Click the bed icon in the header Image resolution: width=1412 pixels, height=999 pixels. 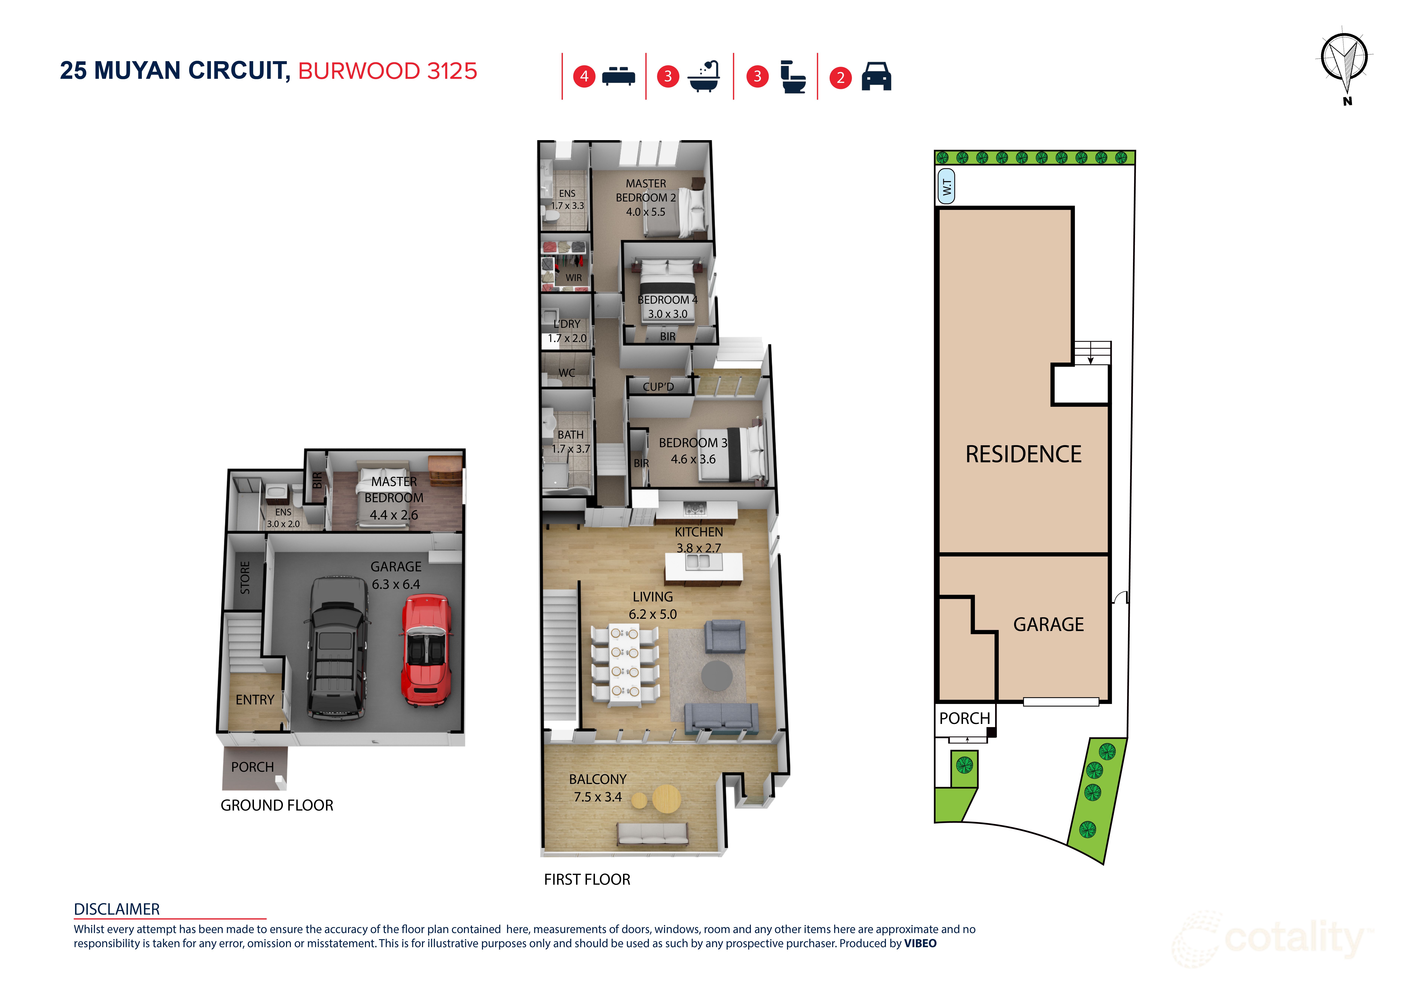(x=618, y=76)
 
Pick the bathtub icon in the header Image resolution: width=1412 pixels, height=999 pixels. (x=703, y=76)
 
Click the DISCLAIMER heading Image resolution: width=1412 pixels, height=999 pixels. (x=117, y=909)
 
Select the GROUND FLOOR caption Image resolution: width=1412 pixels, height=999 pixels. (x=277, y=805)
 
